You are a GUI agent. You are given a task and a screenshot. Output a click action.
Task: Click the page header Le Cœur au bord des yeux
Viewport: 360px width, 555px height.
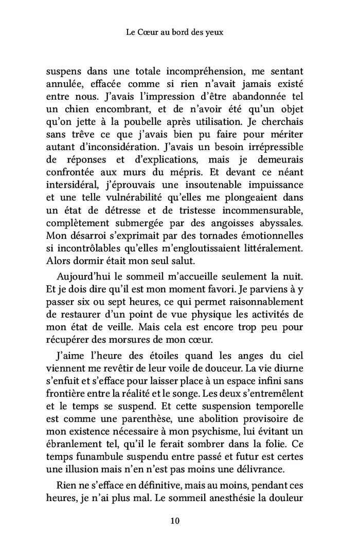point(180,32)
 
